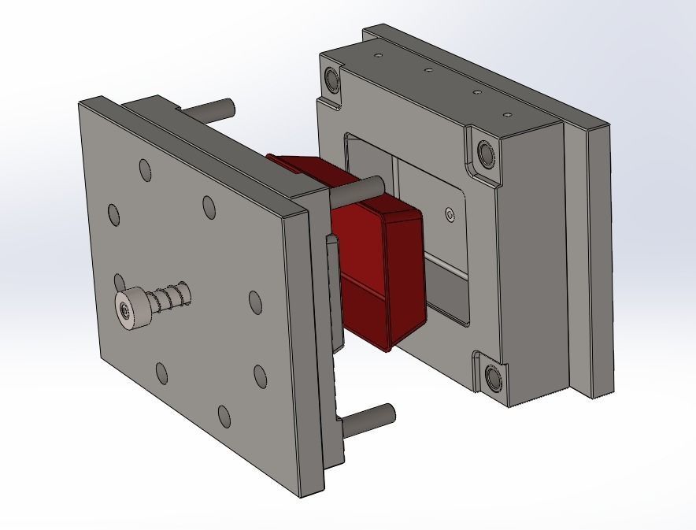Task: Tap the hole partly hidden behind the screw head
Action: coord(119,282)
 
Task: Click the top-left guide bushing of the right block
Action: coord(331,79)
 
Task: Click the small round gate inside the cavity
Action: coord(450,214)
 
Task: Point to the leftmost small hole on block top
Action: coord(379,57)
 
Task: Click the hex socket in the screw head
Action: coord(126,310)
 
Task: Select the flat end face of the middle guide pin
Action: coord(378,184)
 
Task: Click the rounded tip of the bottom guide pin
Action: coord(389,411)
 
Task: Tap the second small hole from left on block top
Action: coord(428,71)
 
